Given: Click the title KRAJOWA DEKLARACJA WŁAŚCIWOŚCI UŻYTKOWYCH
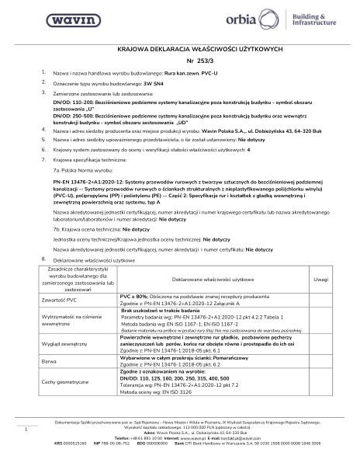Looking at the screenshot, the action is point(179,48).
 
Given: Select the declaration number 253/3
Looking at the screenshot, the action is point(181,60).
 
